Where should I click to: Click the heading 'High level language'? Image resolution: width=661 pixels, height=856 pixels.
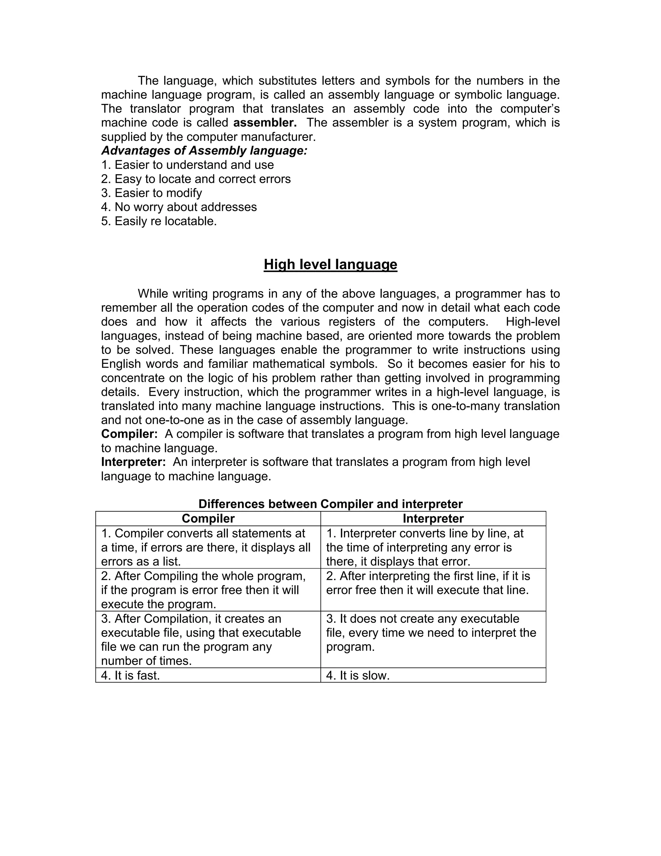point(330,265)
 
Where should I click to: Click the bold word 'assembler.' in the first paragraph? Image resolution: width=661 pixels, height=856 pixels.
point(265,123)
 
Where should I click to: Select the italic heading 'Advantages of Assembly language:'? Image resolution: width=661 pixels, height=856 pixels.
point(204,151)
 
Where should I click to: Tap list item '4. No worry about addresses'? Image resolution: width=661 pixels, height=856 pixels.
point(179,207)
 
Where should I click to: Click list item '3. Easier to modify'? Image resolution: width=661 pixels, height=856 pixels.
point(152,193)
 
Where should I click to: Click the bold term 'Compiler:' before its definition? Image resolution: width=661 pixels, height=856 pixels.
point(129,434)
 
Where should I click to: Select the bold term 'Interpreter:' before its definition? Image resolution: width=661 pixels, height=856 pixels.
point(134,462)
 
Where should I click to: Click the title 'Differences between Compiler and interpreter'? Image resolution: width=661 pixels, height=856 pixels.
point(330,504)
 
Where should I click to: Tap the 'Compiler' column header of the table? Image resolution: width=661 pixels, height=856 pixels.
point(208,518)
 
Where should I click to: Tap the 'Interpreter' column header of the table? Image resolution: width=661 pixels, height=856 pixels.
point(433,518)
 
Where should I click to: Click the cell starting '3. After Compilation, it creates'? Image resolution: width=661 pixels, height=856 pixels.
point(208,639)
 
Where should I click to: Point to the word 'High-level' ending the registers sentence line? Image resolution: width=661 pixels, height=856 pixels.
point(533,322)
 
